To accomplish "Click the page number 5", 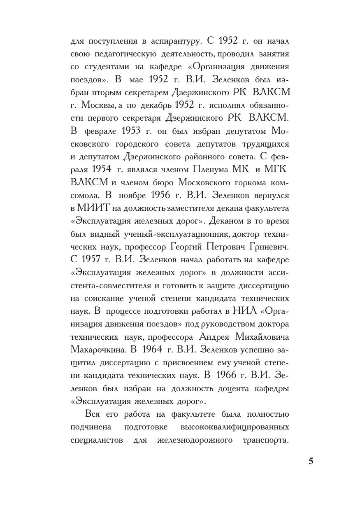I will click(x=311, y=461).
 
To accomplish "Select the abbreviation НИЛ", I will click(x=245, y=311).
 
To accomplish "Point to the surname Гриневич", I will click(x=269, y=247).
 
